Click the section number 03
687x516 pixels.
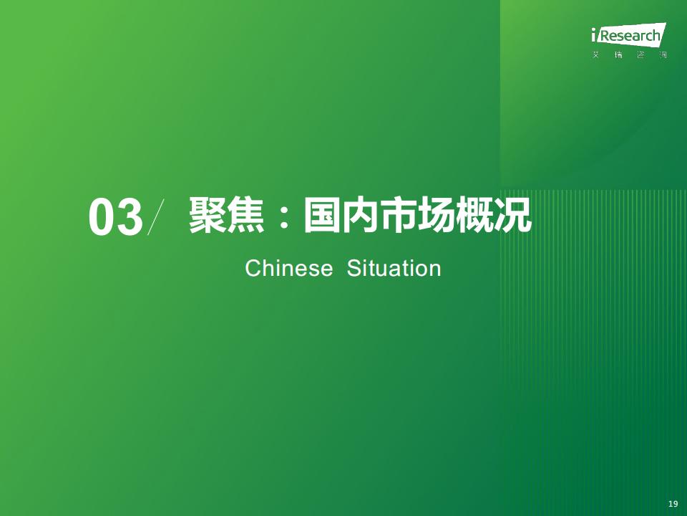pyautogui.click(x=116, y=217)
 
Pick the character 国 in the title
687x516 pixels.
pyautogui.click(x=322, y=215)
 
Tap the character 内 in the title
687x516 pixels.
pyautogui.click(x=360, y=215)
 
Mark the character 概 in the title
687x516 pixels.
pyautogui.click(x=474, y=215)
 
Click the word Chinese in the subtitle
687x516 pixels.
pyautogui.click(x=288, y=268)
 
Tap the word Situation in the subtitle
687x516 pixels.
pyautogui.click(x=394, y=268)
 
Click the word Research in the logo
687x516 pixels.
pyautogui.click(x=629, y=35)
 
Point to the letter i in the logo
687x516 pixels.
pyautogui.click(x=594, y=34)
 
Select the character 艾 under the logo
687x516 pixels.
pyautogui.click(x=595, y=55)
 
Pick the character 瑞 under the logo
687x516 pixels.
pyautogui.click(x=618, y=55)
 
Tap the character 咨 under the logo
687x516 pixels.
pyautogui.click(x=641, y=55)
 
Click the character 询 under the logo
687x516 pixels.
pyautogui.click(x=663, y=55)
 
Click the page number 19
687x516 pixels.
pyautogui.click(x=673, y=503)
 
